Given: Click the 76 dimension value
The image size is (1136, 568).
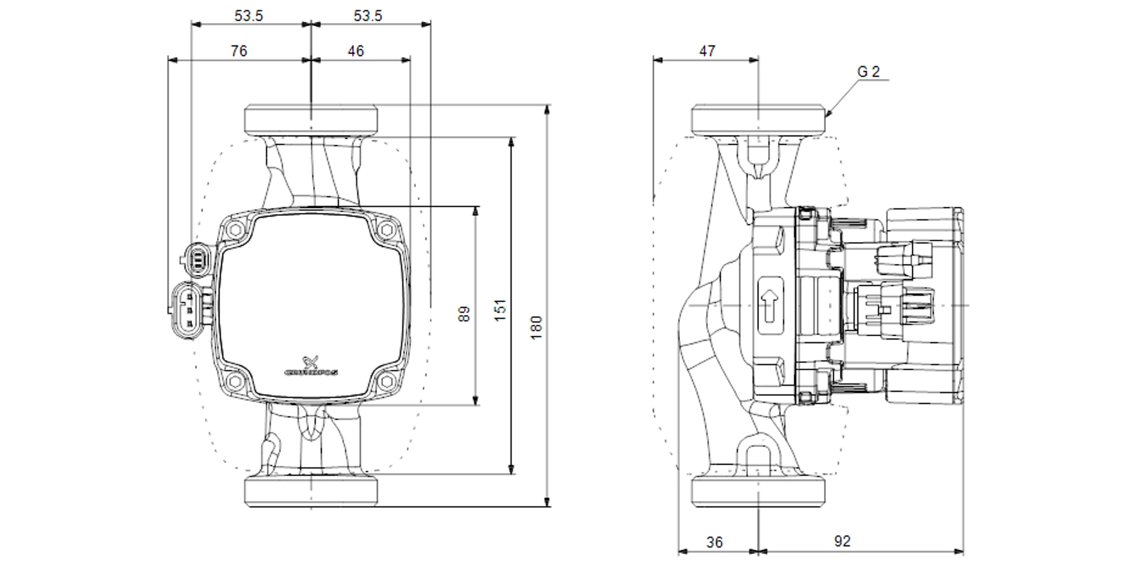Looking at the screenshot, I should (x=239, y=51).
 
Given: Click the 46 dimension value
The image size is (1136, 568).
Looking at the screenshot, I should (x=356, y=51).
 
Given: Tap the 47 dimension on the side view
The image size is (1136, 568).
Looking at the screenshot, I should (x=707, y=51).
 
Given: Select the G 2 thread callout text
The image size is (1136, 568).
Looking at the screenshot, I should (x=868, y=72).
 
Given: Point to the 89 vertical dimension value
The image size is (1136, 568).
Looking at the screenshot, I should (x=465, y=314).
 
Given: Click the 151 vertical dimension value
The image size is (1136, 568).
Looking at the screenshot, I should (x=500, y=310).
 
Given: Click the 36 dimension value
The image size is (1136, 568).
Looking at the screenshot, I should (x=715, y=542).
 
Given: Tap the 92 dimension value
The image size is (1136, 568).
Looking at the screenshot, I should (x=842, y=541).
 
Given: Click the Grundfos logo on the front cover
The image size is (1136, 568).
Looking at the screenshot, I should (x=311, y=367).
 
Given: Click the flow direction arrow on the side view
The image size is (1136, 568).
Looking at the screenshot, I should (x=770, y=305).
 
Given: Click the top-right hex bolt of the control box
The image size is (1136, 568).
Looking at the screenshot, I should (x=387, y=230).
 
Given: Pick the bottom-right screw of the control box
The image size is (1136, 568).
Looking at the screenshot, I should (x=387, y=381).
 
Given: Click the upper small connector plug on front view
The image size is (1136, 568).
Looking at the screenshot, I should (x=197, y=260).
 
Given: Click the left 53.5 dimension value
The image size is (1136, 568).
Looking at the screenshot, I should (x=249, y=16).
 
